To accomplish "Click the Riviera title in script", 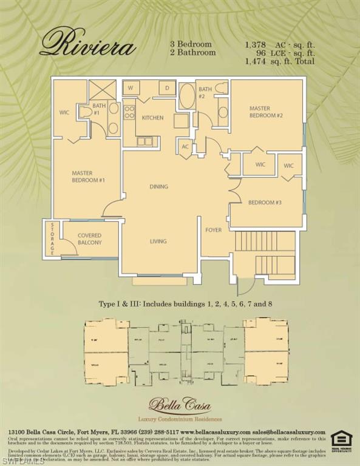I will click(x=87, y=44).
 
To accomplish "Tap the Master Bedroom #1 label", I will click(x=89, y=177).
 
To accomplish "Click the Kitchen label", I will click(x=152, y=118).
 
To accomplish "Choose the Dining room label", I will click(x=158, y=186).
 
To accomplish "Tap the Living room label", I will click(x=158, y=241).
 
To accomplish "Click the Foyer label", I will click(x=213, y=230).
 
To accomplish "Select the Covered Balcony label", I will click(x=89, y=239).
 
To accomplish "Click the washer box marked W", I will click(x=131, y=89).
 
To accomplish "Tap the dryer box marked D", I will click(x=167, y=89).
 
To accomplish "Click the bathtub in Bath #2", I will click(x=187, y=96).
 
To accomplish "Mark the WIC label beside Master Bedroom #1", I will click(x=64, y=112).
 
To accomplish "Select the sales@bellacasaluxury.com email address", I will click(x=293, y=431).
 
